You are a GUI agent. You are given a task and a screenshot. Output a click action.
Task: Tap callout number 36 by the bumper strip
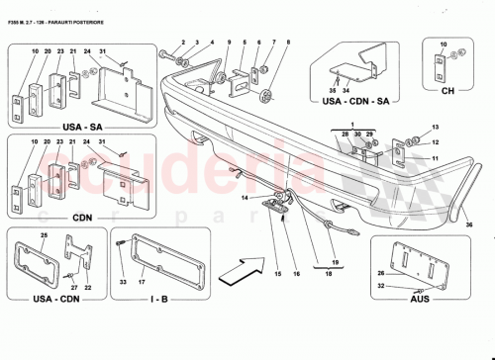469,225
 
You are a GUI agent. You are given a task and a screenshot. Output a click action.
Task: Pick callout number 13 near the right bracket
436,129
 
